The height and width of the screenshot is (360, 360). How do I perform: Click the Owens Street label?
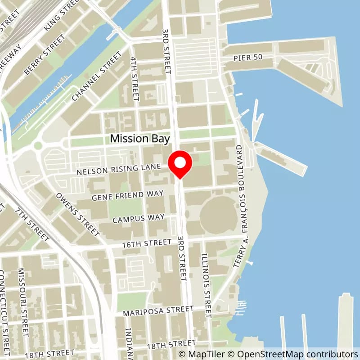click(77, 215)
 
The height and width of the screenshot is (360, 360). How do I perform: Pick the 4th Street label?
click(135, 77)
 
